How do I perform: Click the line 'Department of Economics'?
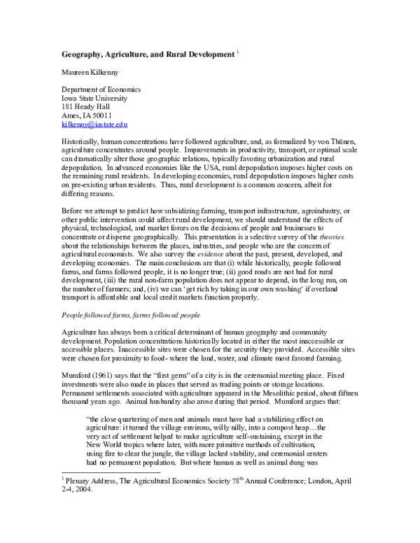[x=101, y=90]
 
